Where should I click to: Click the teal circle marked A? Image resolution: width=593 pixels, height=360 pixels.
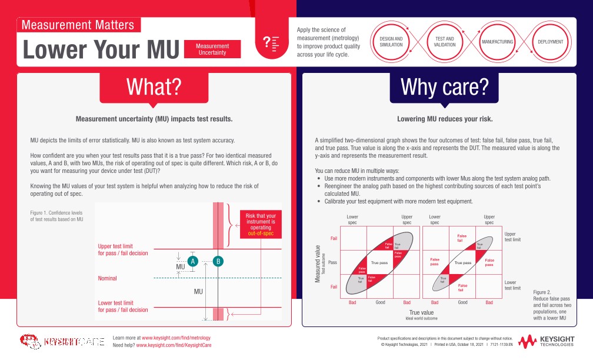coord(192,261)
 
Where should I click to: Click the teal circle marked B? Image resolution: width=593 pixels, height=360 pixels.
coord(218,261)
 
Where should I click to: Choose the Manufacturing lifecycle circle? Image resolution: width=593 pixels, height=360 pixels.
coord(497,42)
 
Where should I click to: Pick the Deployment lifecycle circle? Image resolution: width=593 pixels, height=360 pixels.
coord(551,42)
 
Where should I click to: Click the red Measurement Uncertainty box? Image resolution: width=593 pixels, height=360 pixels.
coord(212,49)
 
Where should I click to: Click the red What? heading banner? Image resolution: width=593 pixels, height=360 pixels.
coord(155,86)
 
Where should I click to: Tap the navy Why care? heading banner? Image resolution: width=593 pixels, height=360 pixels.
coord(444,86)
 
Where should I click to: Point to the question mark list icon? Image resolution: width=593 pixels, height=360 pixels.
coord(271,42)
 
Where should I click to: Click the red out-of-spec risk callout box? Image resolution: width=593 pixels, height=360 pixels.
coord(260,224)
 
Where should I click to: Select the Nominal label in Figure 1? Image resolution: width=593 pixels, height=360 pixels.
coord(107,278)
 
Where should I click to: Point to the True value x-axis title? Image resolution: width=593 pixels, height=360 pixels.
coord(421,312)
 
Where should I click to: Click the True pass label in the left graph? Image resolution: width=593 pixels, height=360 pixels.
coord(379,262)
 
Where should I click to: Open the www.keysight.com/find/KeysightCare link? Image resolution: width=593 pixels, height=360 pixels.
coord(173,345)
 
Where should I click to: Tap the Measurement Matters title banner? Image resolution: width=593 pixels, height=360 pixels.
coord(79,25)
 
